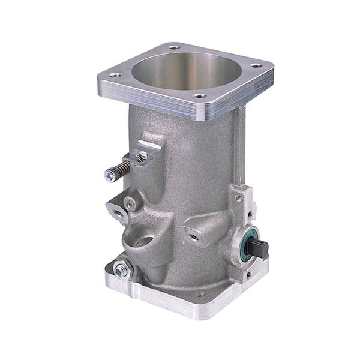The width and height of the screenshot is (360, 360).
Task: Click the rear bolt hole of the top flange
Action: (174, 47)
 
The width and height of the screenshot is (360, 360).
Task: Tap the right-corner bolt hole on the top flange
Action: (256, 65)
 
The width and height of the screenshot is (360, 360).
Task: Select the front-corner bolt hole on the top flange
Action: (201, 95)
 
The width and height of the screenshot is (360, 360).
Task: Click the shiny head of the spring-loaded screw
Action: (110, 175)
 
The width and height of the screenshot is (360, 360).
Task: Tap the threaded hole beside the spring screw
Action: (142, 157)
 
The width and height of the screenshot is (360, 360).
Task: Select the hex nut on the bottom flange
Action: (120, 271)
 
